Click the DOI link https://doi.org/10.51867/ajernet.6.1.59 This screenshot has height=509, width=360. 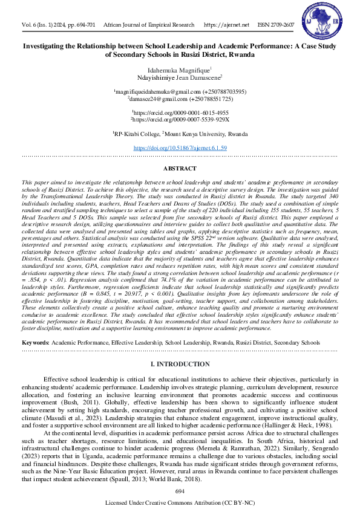point(180,148)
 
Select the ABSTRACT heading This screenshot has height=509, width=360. point(180,169)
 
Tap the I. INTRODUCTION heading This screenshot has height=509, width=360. point(180,365)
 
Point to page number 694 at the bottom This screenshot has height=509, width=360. point(180,491)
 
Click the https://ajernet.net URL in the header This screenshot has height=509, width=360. point(227,25)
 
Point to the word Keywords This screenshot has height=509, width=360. point(35,343)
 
